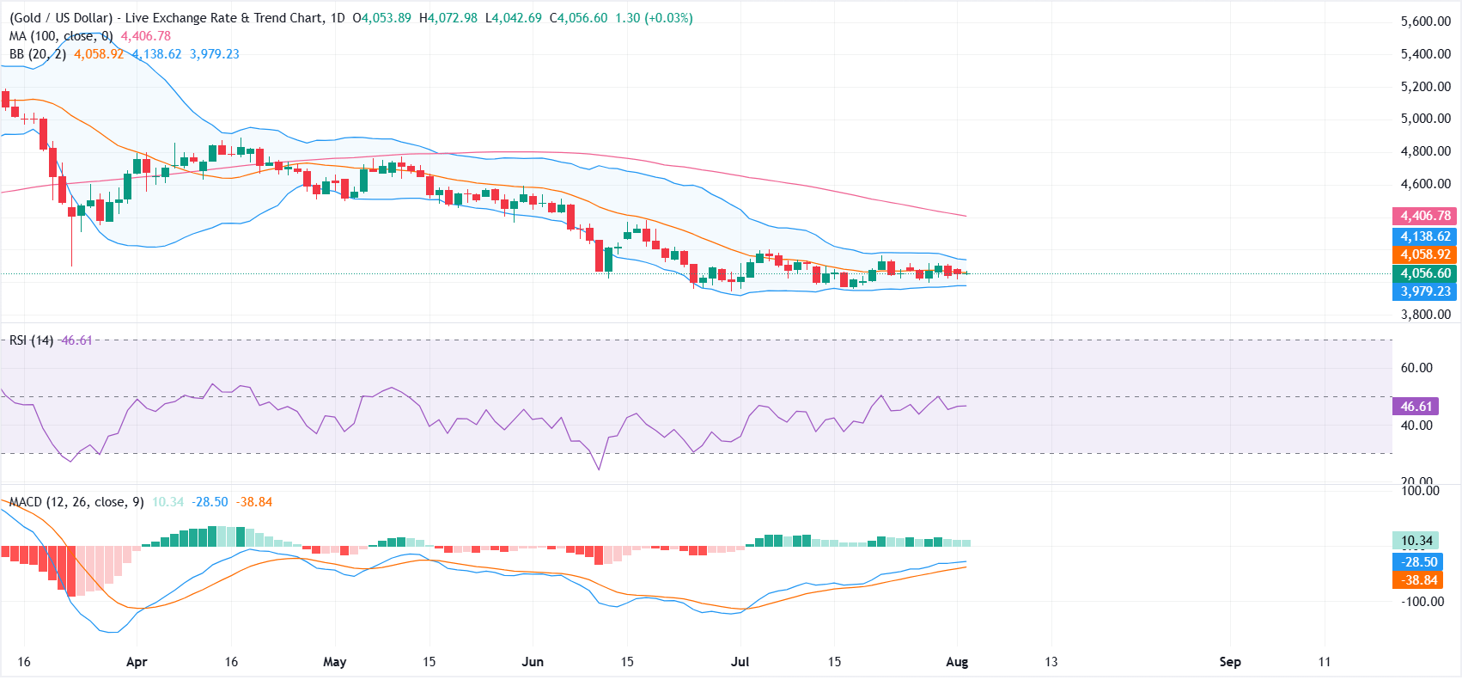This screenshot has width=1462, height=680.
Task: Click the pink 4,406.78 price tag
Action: pyautogui.click(x=1424, y=216)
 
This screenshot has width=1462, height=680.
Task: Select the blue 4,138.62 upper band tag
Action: pyautogui.click(x=1424, y=236)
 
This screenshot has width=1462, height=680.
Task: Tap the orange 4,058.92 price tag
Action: pyautogui.click(x=1424, y=254)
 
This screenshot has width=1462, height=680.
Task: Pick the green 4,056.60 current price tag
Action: pyautogui.click(x=1424, y=273)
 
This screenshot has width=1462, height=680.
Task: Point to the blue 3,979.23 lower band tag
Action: pyautogui.click(x=1424, y=291)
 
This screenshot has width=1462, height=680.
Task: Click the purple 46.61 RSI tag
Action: pyautogui.click(x=1416, y=407)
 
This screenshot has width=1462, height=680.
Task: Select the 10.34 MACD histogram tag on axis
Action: pyautogui.click(x=1417, y=541)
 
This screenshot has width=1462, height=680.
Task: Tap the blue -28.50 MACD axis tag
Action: pyautogui.click(x=1419, y=561)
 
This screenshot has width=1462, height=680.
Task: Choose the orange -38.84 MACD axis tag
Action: pyautogui.click(x=1419, y=580)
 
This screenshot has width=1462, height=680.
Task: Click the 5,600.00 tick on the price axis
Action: pyautogui.click(x=1425, y=21)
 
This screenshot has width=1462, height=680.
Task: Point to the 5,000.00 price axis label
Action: pyautogui.click(x=1425, y=119)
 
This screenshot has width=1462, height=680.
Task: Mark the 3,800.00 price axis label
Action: pyautogui.click(x=1425, y=314)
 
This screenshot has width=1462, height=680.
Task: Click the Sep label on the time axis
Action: pyautogui.click(x=1230, y=662)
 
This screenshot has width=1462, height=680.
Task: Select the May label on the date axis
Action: pyautogui.click(x=334, y=662)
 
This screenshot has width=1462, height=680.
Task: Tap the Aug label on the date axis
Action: pyautogui.click(x=957, y=662)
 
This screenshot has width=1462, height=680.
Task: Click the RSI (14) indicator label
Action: pyautogui.click(x=31, y=340)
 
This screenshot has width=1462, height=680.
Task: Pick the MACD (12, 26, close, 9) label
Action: pyautogui.click(x=76, y=502)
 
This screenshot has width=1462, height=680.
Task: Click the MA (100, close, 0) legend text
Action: pyautogui.click(x=61, y=36)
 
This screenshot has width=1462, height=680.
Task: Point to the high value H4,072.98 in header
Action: pyautogui.click(x=448, y=18)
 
